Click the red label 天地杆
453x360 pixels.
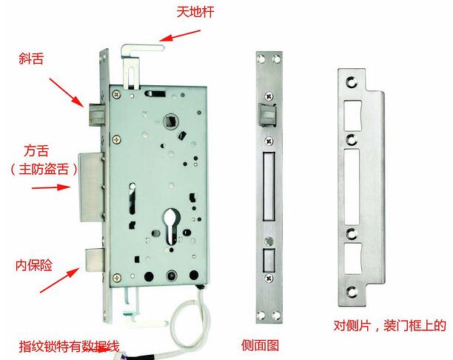[195, 12]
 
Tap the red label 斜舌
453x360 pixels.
[31, 59]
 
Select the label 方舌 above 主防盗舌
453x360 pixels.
[36, 151]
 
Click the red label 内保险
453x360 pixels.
[34, 265]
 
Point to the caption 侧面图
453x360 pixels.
[260, 345]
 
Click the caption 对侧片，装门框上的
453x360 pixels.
[390, 326]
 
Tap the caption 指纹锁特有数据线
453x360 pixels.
[69, 346]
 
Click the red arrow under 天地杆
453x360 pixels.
[179, 36]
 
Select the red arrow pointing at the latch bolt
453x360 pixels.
[67, 93]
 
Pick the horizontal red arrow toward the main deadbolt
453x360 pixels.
[51, 187]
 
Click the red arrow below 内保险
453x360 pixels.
[60, 280]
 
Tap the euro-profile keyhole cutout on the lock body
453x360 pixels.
[171, 227]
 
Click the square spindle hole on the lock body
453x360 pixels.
[171, 121]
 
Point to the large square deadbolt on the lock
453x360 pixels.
[91, 187]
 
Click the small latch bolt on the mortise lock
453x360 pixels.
[96, 115]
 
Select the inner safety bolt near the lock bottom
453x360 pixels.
[95, 260]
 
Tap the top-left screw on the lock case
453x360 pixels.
[117, 94]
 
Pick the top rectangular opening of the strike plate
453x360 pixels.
[353, 116]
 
